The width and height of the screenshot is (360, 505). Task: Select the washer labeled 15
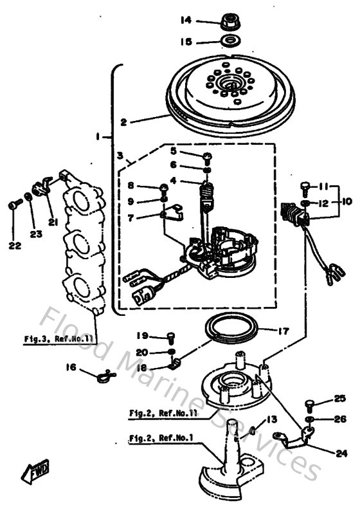click(x=228, y=42)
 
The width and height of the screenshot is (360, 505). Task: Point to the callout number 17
click(x=283, y=332)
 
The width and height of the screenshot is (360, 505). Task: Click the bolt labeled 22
click(x=14, y=205)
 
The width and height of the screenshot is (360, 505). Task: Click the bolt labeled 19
click(x=170, y=336)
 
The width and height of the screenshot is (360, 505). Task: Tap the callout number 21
click(x=52, y=222)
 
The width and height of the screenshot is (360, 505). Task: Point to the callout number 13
click(x=272, y=419)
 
